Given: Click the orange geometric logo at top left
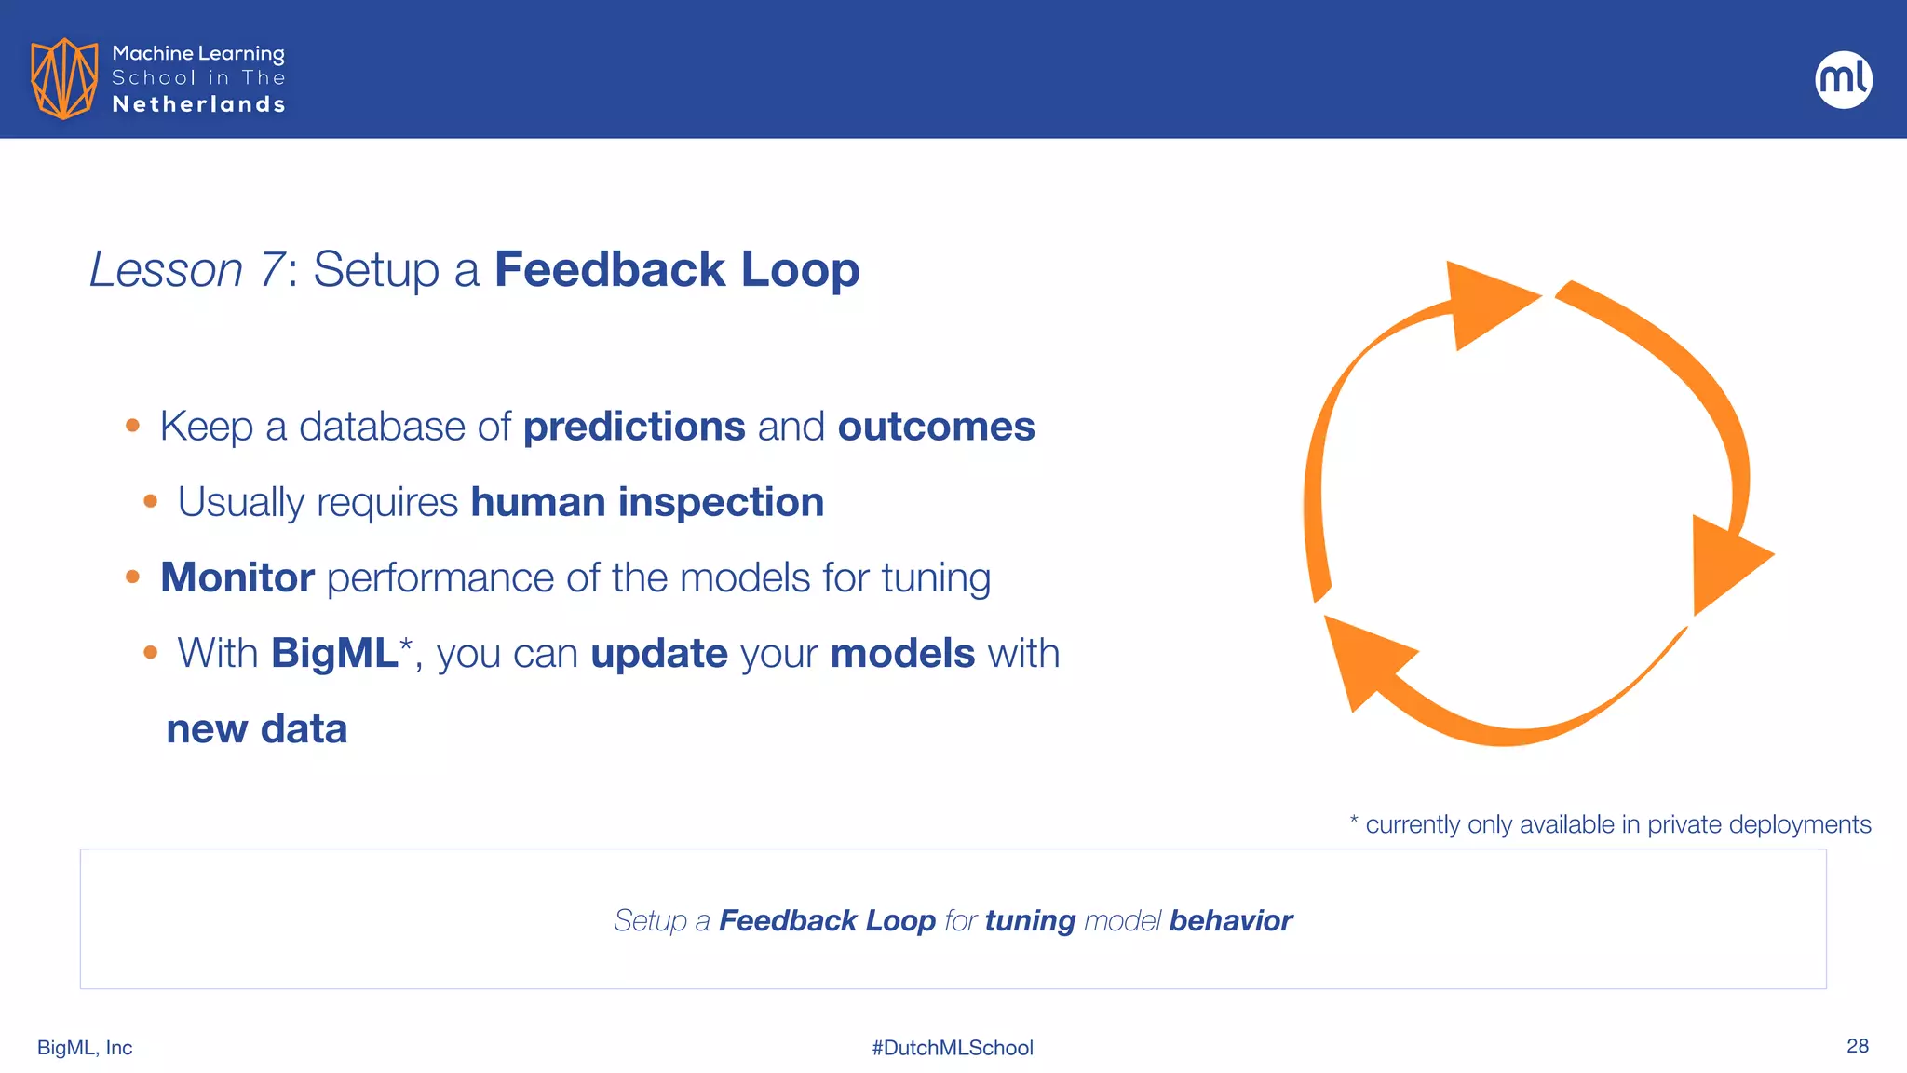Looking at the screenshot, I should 63,78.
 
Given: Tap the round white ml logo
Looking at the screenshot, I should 1843,79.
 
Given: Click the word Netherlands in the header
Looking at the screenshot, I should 198,104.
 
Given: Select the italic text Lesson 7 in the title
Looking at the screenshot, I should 186,270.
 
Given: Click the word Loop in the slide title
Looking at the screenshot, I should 800,270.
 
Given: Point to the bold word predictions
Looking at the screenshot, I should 634,427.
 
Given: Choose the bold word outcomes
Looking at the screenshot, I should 936,427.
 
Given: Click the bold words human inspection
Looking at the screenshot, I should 647,502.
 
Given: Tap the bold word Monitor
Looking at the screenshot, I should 237,577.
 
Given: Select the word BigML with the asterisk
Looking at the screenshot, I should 339,652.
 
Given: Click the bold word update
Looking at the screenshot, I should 659,653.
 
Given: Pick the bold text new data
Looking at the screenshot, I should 257,728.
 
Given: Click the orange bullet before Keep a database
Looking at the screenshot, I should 132,426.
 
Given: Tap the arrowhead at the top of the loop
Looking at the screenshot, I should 1485,303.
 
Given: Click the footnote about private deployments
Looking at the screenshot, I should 1610,824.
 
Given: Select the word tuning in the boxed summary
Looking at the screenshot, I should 1030,920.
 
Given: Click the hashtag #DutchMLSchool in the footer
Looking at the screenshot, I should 953,1048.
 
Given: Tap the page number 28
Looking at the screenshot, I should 1857,1046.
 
